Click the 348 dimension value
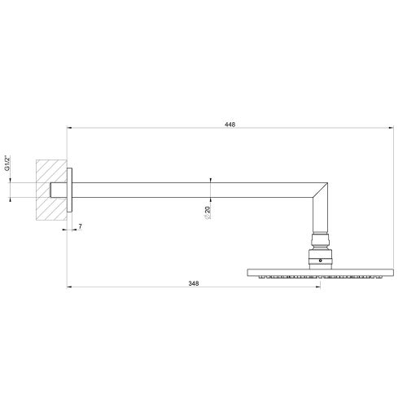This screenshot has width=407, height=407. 193,282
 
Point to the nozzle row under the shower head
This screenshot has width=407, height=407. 319,277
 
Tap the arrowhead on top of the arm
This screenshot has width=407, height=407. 211,181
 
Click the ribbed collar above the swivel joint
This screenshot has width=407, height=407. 319,241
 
